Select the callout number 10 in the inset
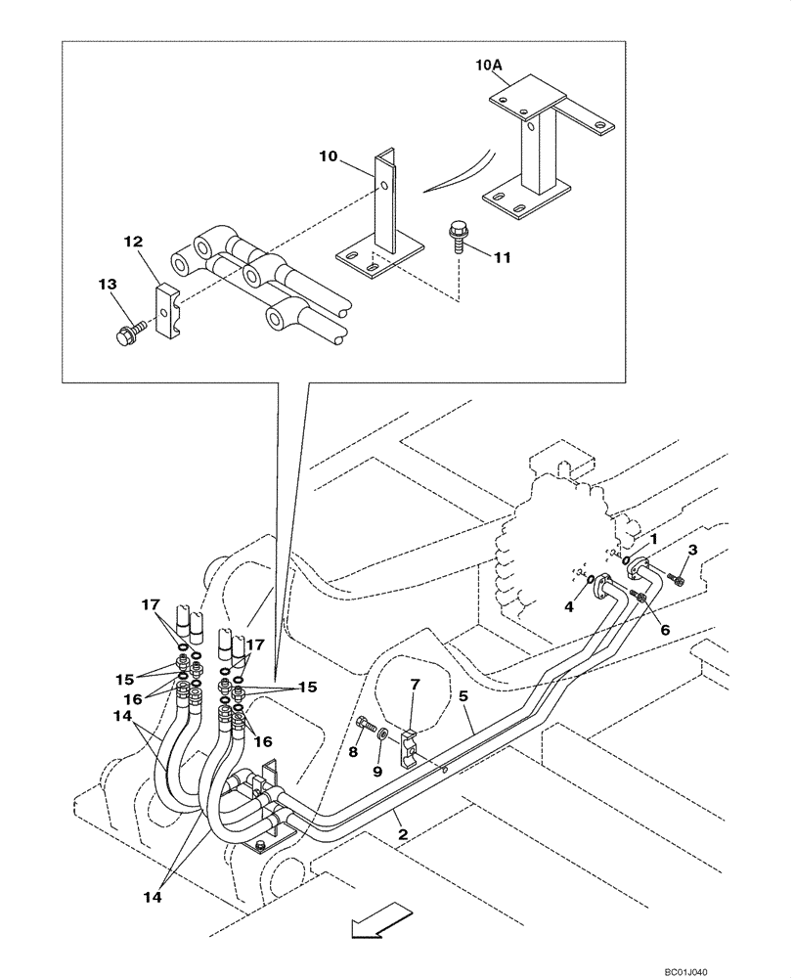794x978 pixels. [330, 156]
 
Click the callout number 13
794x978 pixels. [108, 284]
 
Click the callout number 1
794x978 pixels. [654, 538]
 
